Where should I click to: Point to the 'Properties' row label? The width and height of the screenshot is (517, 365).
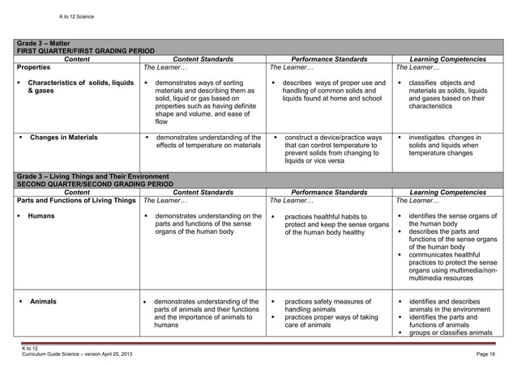tap(34, 67)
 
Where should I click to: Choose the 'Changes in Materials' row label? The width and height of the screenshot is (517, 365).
tap(63, 138)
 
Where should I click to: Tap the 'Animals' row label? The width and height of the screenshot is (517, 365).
tap(43, 302)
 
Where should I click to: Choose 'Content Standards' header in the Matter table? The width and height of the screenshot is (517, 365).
tap(203, 59)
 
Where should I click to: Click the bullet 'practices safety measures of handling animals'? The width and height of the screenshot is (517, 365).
tap(327, 306)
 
